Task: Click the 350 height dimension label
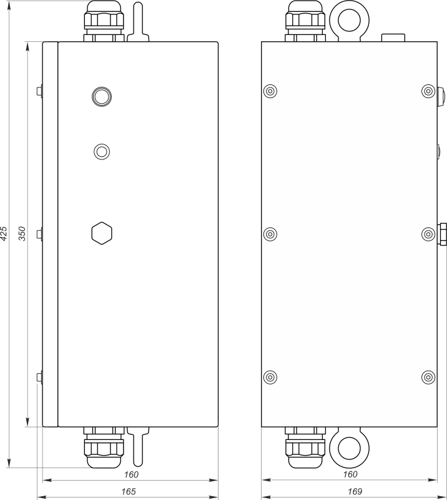click(22, 234)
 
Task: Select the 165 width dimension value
click(128, 492)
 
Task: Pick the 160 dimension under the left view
click(131, 474)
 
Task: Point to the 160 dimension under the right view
click(350, 474)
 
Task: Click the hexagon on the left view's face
click(101, 233)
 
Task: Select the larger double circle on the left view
click(101, 96)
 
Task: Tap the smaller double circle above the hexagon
click(101, 151)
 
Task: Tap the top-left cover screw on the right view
click(270, 91)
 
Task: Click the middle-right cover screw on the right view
click(428, 234)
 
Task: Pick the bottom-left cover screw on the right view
click(270, 377)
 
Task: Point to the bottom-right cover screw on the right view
click(428, 377)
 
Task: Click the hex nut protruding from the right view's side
click(443, 234)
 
